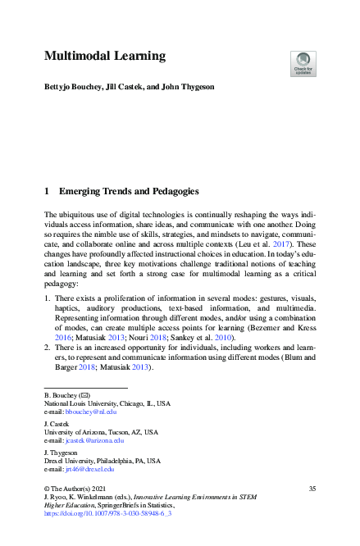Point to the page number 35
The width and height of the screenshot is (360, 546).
tap(312, 489)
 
